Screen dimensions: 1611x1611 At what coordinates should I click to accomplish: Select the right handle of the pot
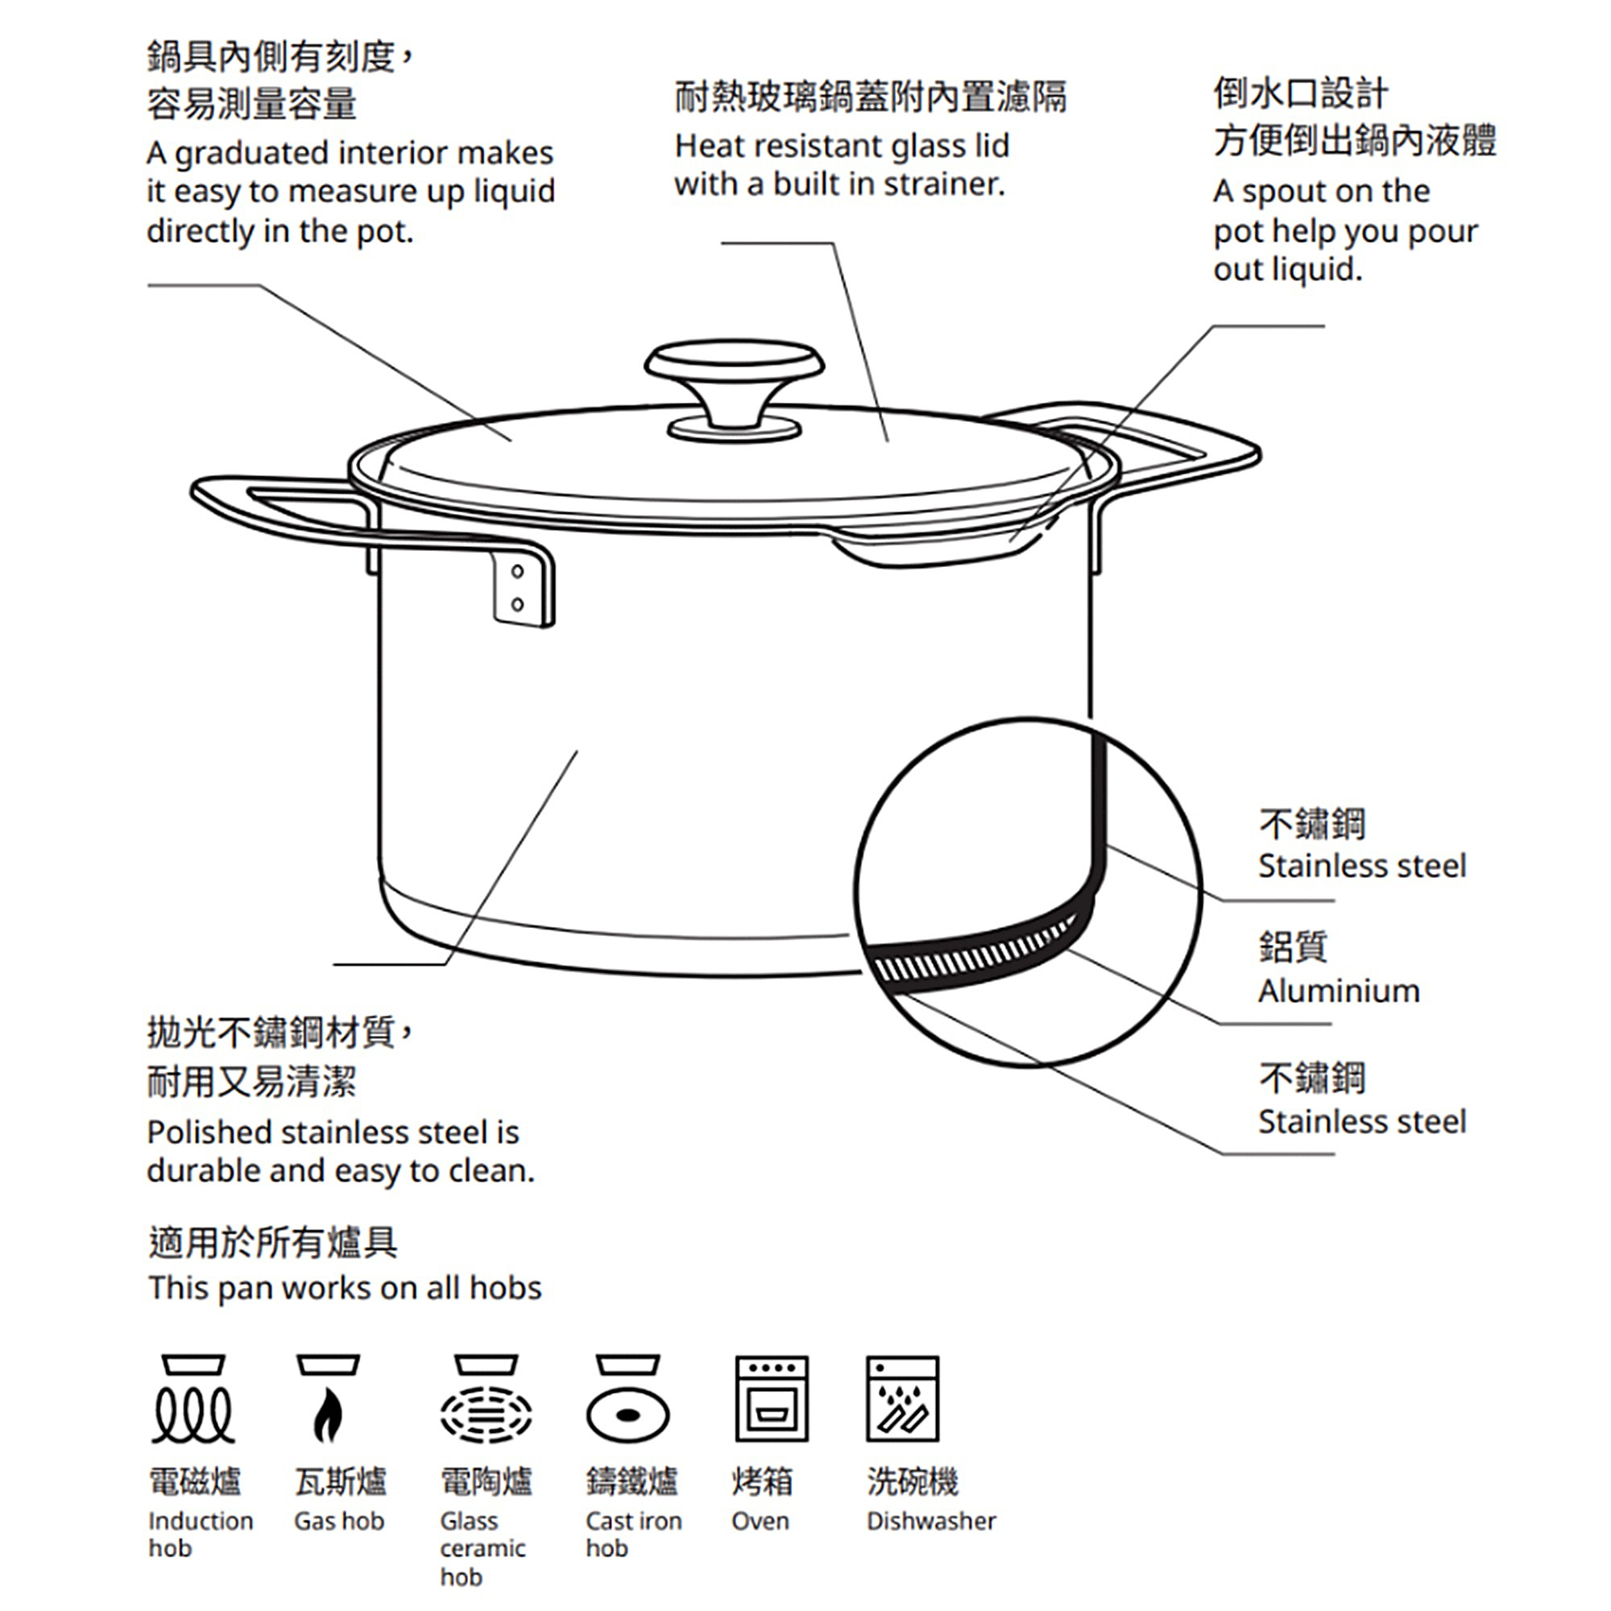click(x=1201, y=442)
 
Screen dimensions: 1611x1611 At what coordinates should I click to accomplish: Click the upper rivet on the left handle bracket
click(x=517, y=571)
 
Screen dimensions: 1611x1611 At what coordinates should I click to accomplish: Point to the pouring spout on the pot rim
click(x=942, y=546)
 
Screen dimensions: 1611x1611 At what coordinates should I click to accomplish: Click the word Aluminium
click(x=1338, y=991)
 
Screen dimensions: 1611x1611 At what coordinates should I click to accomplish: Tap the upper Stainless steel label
click(x=1361, y=866)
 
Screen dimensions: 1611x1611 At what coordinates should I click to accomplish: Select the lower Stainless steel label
click(x=1361, y=1120)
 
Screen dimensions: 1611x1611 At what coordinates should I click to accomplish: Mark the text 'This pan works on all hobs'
click(x=346, y=1287)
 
